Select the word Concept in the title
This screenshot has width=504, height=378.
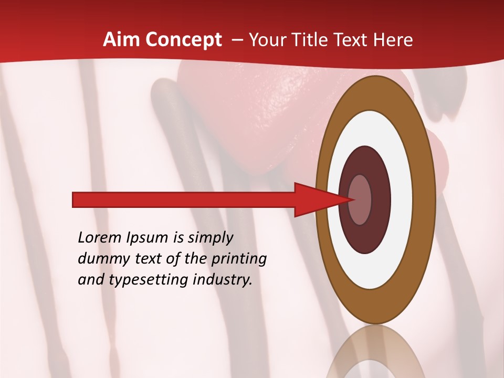coord(184,40)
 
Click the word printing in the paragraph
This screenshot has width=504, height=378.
coord(238,259)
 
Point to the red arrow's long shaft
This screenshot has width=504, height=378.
coord(184,200)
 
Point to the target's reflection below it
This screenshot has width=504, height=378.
coord(375,354)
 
